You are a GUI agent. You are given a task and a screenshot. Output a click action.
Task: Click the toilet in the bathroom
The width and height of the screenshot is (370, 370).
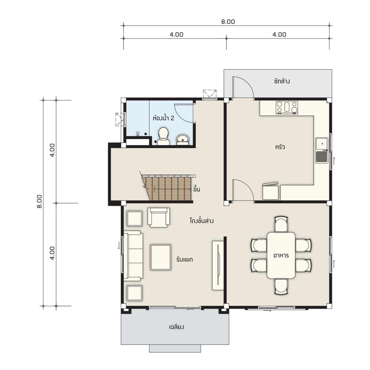coord(163,136)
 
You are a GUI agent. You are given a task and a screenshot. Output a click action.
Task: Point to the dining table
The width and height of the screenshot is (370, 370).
coord(281,255)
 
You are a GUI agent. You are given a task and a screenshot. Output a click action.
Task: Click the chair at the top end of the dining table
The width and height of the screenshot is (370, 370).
coord(281,224)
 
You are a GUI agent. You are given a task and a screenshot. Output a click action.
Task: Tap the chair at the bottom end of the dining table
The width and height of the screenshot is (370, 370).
coord(281,287)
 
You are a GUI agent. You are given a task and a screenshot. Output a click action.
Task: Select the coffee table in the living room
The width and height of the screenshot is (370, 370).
coord(161,257)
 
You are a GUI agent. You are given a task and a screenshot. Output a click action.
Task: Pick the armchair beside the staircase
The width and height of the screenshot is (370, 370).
coord(158,218)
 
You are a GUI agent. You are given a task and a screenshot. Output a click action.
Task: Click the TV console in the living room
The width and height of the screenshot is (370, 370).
coord(218,265)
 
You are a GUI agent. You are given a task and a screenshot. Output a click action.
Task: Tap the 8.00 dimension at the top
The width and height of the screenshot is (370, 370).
coord(228,22)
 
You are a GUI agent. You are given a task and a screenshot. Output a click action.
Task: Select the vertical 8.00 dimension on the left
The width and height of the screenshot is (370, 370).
coord(39,202)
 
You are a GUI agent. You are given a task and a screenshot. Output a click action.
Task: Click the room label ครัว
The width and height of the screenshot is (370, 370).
coord(280,147)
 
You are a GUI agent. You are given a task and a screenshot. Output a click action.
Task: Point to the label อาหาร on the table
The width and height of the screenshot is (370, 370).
coord(281,256)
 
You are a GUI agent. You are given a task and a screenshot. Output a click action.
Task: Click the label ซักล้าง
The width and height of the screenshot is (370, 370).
coord(282,81)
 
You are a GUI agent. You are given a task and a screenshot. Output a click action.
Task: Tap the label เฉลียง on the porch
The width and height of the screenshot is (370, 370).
coord(176,327)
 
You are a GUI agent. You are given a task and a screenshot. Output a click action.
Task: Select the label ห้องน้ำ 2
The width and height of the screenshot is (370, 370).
coord(163,118)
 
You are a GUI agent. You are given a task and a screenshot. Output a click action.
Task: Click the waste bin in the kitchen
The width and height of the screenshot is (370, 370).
coord(270,191)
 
